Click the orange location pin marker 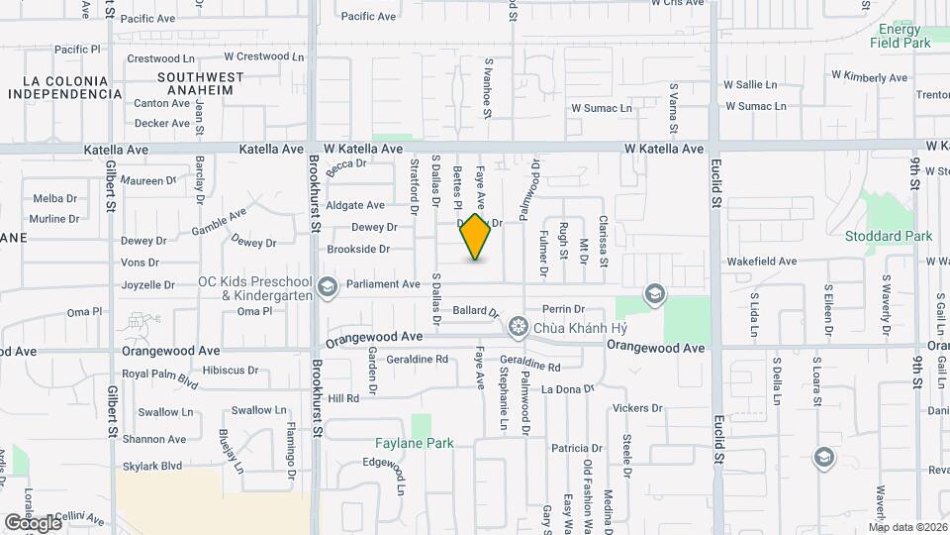click(476, 237)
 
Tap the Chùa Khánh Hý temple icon click(518, 327)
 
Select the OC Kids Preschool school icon click(327, 287)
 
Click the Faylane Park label click(414, 443)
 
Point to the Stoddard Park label click(889, 236)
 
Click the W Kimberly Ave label click(869, 76)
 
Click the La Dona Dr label click(567, 389)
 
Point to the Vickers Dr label click(636, 408)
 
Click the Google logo click(33, 522)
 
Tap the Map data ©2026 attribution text click(907, 527)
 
